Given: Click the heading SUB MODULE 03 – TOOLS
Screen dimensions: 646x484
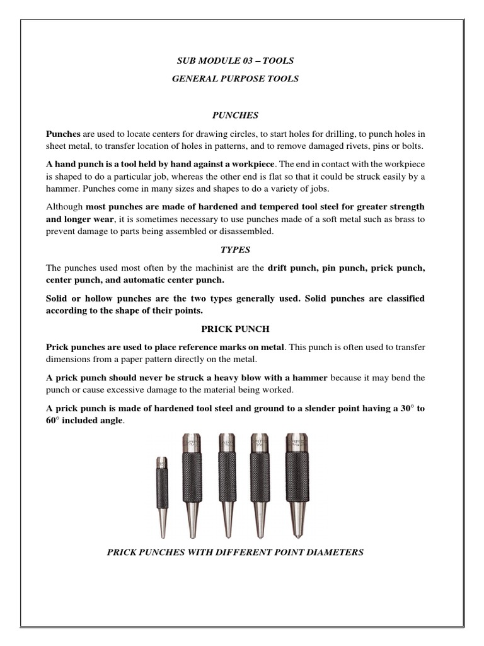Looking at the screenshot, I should (x=235, y=61).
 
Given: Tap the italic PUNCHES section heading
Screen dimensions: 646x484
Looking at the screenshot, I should (x=234, y=115).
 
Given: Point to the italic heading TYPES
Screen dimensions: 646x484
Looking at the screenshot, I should (x=234, y=250).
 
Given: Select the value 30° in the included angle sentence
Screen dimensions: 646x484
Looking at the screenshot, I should (x=406, y=409).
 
